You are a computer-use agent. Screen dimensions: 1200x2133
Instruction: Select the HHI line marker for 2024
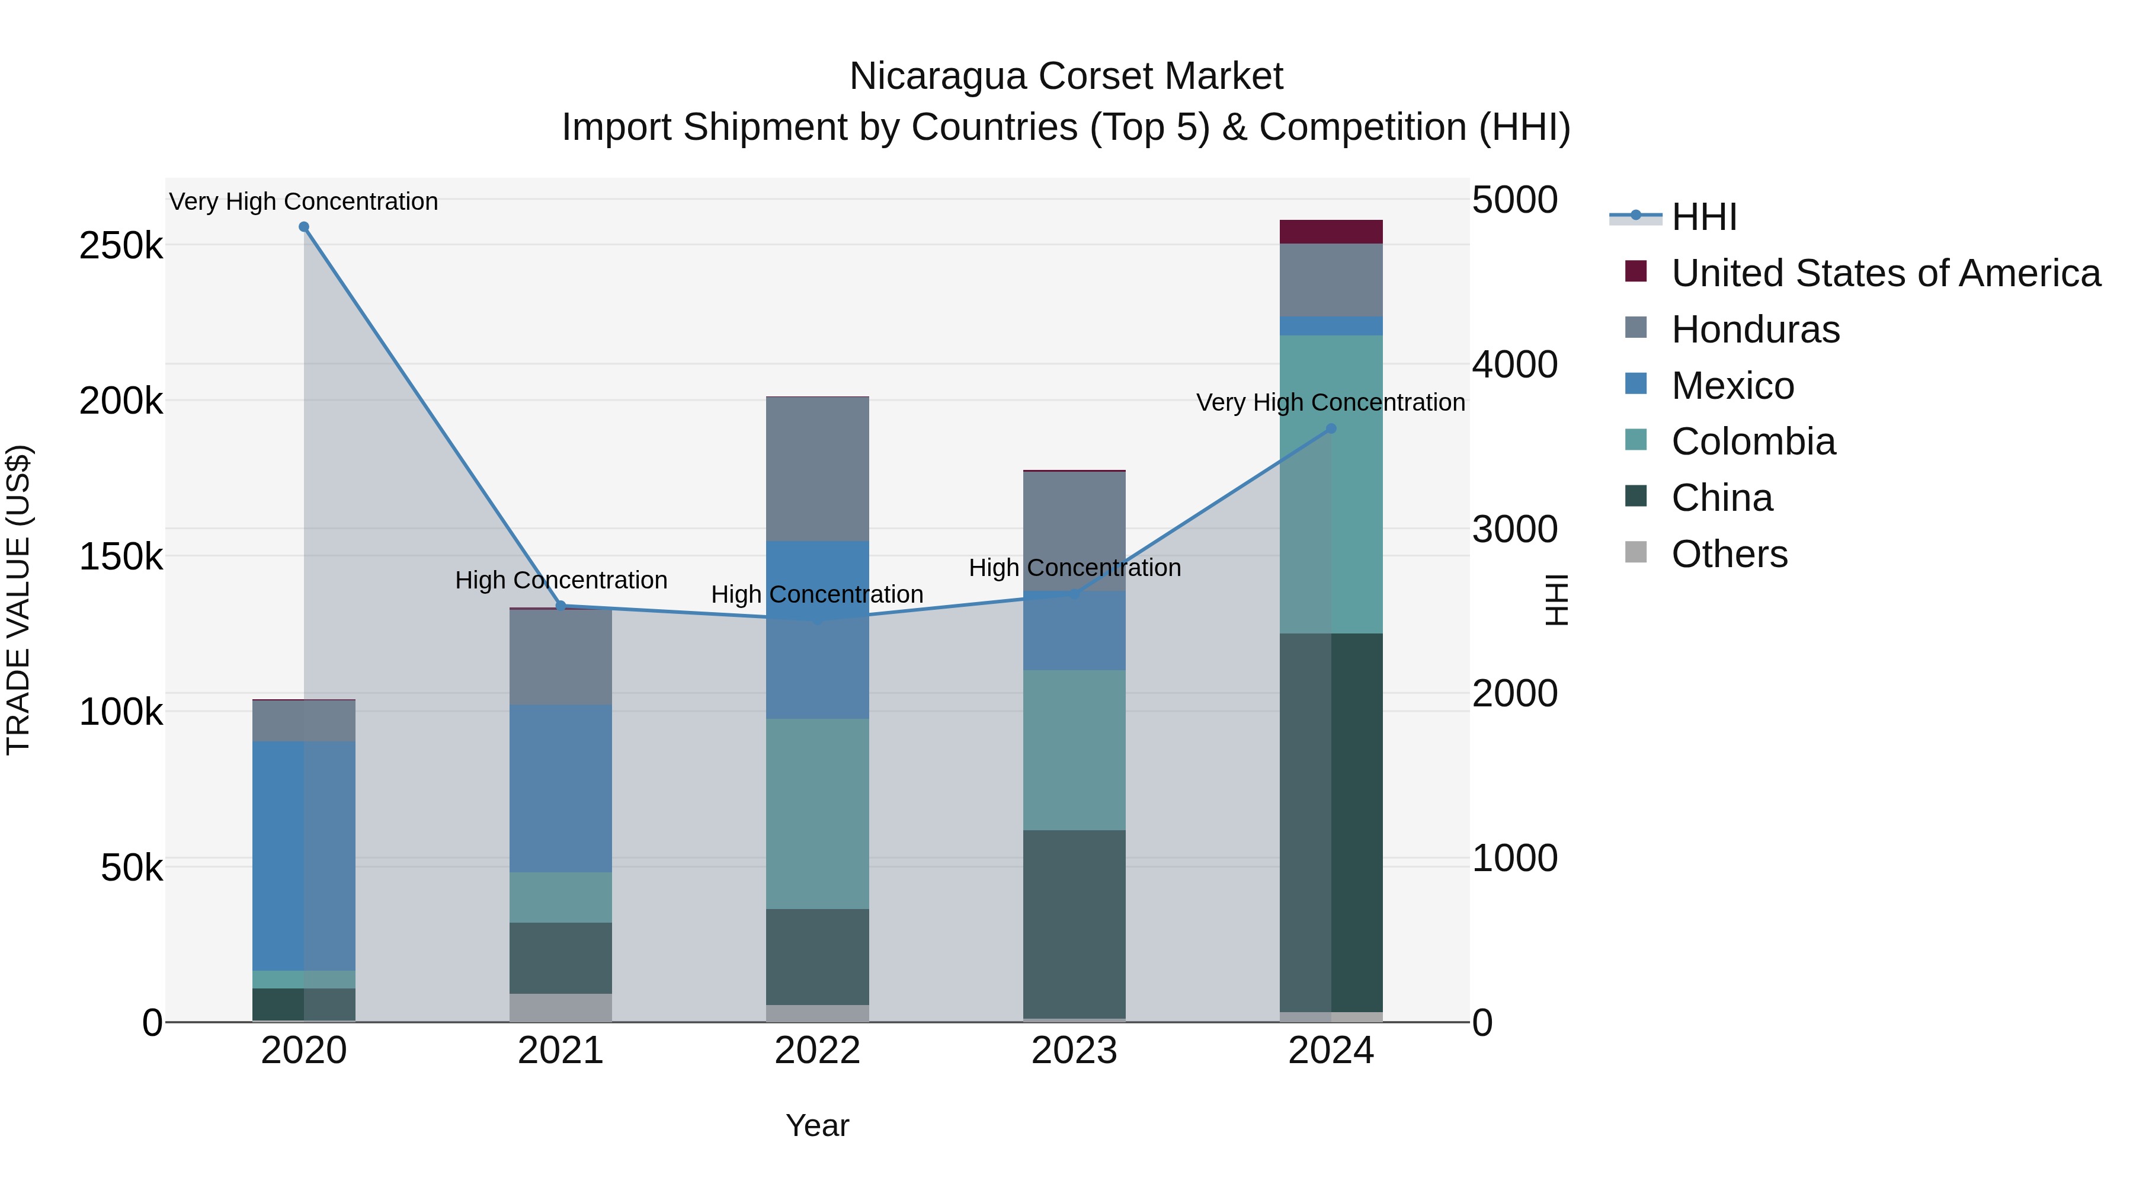(x=1331, y=429)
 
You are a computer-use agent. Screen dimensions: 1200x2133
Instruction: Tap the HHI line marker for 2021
(x=561, y=606)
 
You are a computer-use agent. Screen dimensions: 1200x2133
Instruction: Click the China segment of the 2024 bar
(x=1331, y=823)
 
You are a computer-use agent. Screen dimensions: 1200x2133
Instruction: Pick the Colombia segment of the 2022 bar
(x=817, y=814)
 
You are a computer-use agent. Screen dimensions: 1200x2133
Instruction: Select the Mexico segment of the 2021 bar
(x=561, y=788)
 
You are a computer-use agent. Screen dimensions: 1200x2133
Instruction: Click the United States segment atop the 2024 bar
(x=1331, y=232)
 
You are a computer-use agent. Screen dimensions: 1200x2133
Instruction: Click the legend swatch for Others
(x=1635, y=552)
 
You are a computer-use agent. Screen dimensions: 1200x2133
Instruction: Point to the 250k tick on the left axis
(x=121, y=246)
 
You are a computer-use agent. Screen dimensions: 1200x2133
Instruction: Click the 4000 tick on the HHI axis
(x=1514, y=364)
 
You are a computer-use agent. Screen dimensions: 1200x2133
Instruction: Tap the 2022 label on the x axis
(x=817, y=1051)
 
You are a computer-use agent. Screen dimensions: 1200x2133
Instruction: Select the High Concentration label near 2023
(x=1074, y=568)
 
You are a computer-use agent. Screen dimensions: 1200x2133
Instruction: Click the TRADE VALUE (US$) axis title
(x=18, y=600)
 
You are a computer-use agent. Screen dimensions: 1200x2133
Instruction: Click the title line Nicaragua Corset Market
(x=1066, y=76)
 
